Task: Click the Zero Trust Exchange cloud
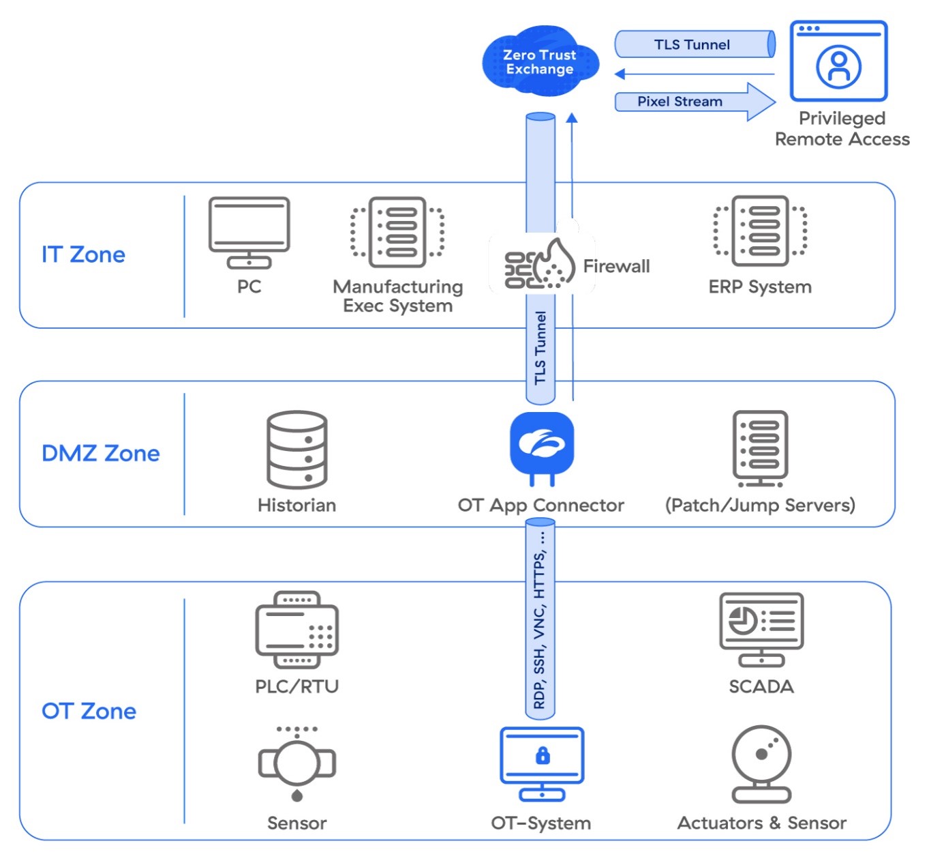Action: coord(540,61)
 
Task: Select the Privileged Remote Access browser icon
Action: coord(838,61)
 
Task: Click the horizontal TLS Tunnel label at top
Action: coord(692,45)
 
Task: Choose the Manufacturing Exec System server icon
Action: coord(397,232)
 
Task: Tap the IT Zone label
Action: coord(83,254)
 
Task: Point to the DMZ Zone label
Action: coord(100,454)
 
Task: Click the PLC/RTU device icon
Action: coord(296,630)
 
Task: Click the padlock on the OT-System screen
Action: coord(543,755)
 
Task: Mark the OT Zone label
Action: coord(89,711)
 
